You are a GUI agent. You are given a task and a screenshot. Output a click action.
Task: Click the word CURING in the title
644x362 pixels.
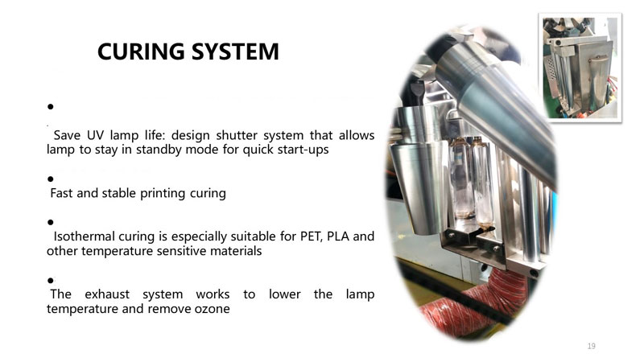tap(141, 51)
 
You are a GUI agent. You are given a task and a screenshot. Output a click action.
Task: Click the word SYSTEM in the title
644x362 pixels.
tap(235, 51)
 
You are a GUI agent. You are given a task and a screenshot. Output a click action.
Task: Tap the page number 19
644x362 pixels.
tap(592, 346)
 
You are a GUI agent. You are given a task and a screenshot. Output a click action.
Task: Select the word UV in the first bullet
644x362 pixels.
tap(95, 135)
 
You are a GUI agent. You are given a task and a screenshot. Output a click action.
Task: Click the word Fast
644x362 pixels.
tap(62, 193)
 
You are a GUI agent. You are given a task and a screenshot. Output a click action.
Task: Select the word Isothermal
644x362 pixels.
tap(85, 237)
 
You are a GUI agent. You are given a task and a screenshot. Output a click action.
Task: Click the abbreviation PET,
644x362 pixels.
tap(312, 237)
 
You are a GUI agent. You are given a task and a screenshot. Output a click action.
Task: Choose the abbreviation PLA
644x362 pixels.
tap(337, 237)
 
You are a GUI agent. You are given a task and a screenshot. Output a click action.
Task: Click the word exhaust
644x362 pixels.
tap(107, 294)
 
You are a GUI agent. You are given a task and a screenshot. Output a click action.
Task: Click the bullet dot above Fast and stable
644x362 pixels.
tap(51, 179)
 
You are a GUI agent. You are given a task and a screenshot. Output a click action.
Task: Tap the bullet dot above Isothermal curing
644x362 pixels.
tap(51, 223)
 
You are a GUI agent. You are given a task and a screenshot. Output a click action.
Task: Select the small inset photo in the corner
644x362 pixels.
tap(580, 68)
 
